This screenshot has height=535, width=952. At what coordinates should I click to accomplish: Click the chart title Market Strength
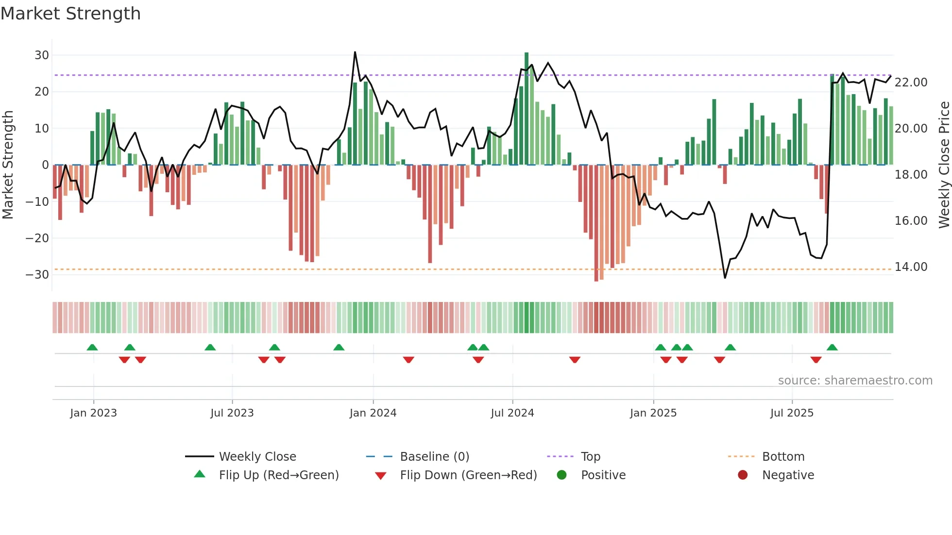pyautogui.click(x=70, y=14)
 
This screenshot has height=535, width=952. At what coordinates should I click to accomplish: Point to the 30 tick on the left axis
pyautogui.click(x=41, y=55)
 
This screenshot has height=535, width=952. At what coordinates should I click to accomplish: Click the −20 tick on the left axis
pyautogui.click(x=37, y=238)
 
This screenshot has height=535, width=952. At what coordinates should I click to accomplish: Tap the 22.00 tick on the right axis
pyautogui.click(x=911, y=83)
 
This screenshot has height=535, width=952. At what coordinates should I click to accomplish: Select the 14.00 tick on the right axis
pyautogui.click(x=911, y=267)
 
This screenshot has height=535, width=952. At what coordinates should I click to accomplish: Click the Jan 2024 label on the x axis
pyautogui.click(x=373, y=413)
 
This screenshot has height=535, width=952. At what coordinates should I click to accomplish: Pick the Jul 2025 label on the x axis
pyautogui.click(x=791, y=413)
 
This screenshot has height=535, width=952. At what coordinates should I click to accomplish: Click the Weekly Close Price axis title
pyautogui.click(x=944, y=165)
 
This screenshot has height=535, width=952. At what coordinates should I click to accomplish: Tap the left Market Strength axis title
pyautogui.click(x=8, y=165)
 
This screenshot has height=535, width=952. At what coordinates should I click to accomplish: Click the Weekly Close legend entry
pyautogui.click(x=257, y=457)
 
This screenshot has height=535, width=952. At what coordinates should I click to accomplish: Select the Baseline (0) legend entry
pyautogui.click(x=434, y=457)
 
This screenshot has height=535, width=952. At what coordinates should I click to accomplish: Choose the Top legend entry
pyautogui.click(x=590, y=457)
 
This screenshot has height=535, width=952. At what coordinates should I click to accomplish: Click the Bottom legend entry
pyautogui.click(x=783, y=457)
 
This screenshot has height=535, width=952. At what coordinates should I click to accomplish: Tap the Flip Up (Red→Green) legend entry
pyautogui.click(x=278, y=475)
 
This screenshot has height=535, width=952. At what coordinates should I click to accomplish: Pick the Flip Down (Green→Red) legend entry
pyautogui.click(x=468, y=475)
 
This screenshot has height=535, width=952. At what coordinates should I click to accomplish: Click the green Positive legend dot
pyautogui.click(x=561, y=475)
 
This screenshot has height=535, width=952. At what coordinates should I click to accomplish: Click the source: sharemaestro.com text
pyautogui.click(x=855, y=381)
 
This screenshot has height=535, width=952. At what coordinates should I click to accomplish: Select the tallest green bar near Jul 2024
pyautogui.click(x=527, y=107)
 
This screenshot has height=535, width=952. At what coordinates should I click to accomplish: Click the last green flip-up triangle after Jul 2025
pyautogui.click(x=832, y=348)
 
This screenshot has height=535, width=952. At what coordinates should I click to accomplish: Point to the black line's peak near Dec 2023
pyautogui.click(x=355, y=52)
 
